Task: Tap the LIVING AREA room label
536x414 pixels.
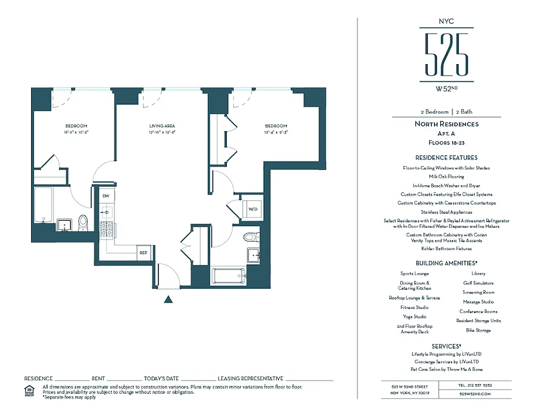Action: tap(163, 126)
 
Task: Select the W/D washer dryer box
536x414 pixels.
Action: tap(253, 209)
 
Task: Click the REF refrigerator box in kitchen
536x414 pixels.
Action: tap(143, 253)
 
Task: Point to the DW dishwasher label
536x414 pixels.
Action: tap(106, 196)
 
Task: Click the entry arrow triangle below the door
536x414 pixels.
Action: tap(167, 299)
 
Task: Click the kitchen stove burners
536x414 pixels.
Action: tap(107, 229)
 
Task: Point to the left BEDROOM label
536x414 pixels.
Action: tap(76, 126)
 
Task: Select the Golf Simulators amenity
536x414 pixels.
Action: tap(478, 283)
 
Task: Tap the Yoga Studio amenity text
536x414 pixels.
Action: tap(414, 317)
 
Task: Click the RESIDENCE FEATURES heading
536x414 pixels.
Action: tap(446, 157)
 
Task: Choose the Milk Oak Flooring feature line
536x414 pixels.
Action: tap(446, 176)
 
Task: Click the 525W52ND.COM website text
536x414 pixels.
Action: tap(474, 394)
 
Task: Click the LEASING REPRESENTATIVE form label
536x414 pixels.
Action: tap(251, 379)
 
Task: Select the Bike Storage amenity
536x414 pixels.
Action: tap(478, 330)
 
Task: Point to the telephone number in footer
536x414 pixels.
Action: tap(474, 386)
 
